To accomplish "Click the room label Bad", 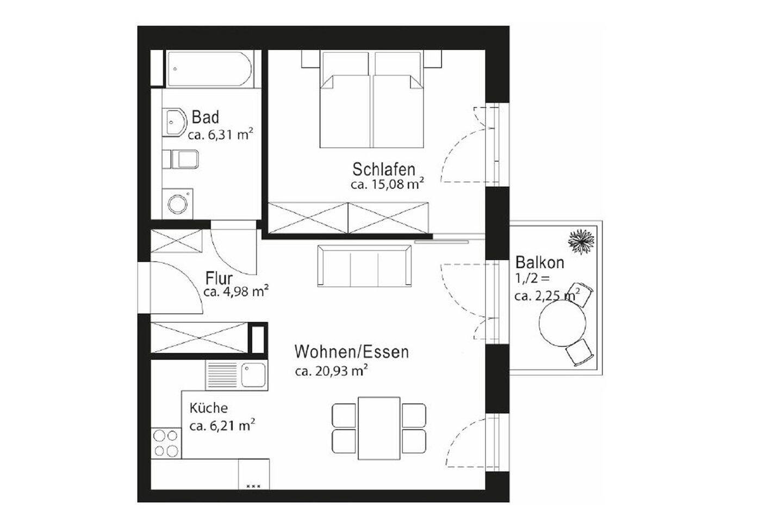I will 206,118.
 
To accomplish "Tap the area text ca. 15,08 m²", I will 387,184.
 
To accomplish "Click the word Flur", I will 219,278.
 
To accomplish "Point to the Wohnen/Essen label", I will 351,352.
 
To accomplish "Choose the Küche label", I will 208,408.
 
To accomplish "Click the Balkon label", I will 539,263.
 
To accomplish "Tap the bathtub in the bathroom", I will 209,69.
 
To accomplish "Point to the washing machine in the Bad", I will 177,204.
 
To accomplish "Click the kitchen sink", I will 253,374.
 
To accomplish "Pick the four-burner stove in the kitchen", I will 166,443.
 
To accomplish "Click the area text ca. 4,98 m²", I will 236,292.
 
